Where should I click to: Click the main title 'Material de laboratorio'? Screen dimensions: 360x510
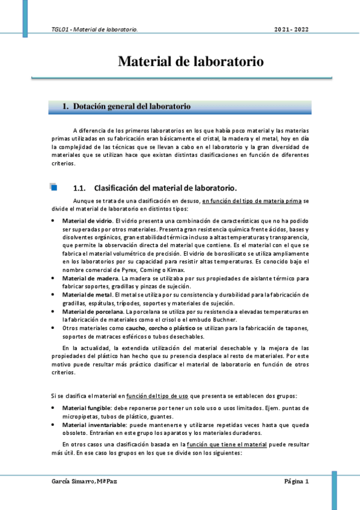[x=190, y=61]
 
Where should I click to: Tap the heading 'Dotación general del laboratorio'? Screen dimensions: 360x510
[x=132, y=107]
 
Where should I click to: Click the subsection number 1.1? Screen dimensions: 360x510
[x=80, y=187]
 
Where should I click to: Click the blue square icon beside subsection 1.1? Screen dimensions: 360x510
[x=53, y=187]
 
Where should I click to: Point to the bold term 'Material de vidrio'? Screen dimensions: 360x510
[x=87, y=221]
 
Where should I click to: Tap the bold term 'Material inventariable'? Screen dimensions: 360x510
[x=93, y=425]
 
